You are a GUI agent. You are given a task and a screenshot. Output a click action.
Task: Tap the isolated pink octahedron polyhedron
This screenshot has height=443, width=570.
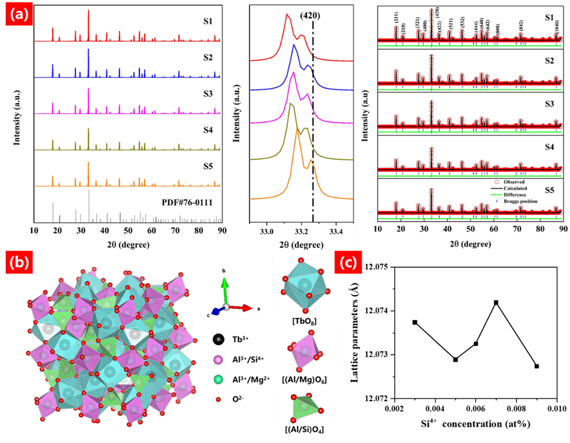pos(300,350)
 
